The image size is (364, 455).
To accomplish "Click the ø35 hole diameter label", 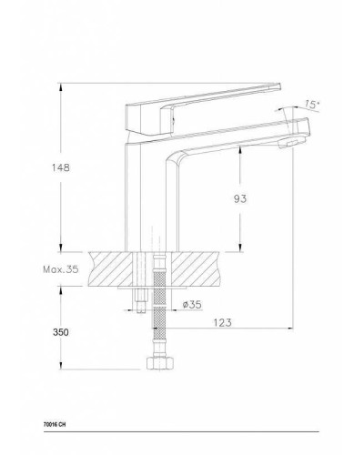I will coord(190,303).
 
